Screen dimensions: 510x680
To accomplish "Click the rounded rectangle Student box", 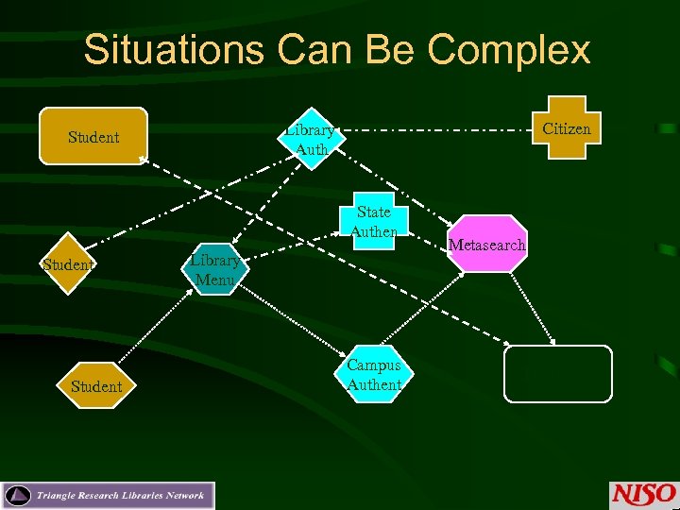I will point(93,137).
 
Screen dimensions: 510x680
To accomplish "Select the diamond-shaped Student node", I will point(68,264).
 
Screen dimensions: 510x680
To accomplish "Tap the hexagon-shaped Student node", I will point(95,386).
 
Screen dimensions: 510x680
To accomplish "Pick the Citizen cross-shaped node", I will point(567,128).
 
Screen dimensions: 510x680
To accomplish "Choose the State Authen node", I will point(373,222).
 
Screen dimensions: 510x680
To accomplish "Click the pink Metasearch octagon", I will point(486,245).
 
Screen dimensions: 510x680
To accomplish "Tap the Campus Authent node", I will point(374,374).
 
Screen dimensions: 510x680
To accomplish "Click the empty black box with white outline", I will point(557,374).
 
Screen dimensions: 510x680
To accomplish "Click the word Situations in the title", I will point(171,50).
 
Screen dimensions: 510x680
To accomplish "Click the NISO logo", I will point(643,494).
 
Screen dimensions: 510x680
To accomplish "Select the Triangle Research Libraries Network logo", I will point(109,496).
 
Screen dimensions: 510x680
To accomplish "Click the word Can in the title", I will point(313,50).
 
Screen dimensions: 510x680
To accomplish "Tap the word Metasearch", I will point(486,245).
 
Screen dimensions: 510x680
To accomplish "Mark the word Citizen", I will point(567,128).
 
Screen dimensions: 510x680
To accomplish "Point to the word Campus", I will point(374,365).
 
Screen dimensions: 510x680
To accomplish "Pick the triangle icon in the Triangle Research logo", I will point(18,496).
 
